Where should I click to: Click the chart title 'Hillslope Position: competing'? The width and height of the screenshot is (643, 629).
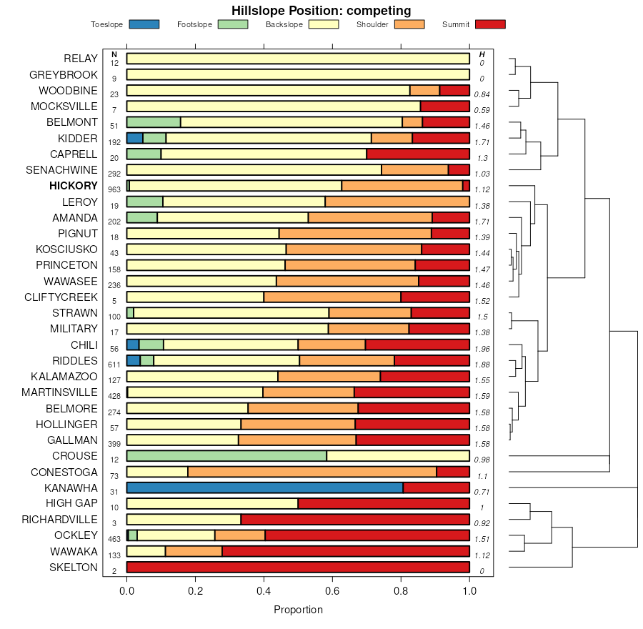(321, 10)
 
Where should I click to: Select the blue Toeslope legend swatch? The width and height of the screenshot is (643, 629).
(144, 24)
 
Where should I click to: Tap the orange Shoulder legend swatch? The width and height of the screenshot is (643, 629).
(409, 24)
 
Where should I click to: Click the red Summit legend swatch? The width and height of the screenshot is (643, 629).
(489, 24)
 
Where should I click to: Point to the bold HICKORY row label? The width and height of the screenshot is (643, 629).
(74, 186)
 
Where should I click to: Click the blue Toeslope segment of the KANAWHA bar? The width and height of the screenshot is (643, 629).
(264, 487)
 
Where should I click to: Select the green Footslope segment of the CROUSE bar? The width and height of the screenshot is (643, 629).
(226, 456)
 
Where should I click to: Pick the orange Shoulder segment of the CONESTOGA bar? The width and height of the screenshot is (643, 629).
(311, 472)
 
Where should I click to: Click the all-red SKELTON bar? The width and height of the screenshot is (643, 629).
(298, 568)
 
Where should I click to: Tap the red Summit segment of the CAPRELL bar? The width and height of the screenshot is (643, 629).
(418, 154)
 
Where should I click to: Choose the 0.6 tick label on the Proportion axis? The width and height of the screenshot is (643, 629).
(332, 592)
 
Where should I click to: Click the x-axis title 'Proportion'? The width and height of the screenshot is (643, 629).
(298, 610)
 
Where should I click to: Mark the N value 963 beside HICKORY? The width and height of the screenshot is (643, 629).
(114, 190)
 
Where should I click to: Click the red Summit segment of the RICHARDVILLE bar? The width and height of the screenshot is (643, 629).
(355, 520)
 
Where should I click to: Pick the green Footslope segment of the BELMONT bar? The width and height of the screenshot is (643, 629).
(154, 122)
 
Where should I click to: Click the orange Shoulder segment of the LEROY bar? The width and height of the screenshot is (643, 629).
(397, 202)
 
